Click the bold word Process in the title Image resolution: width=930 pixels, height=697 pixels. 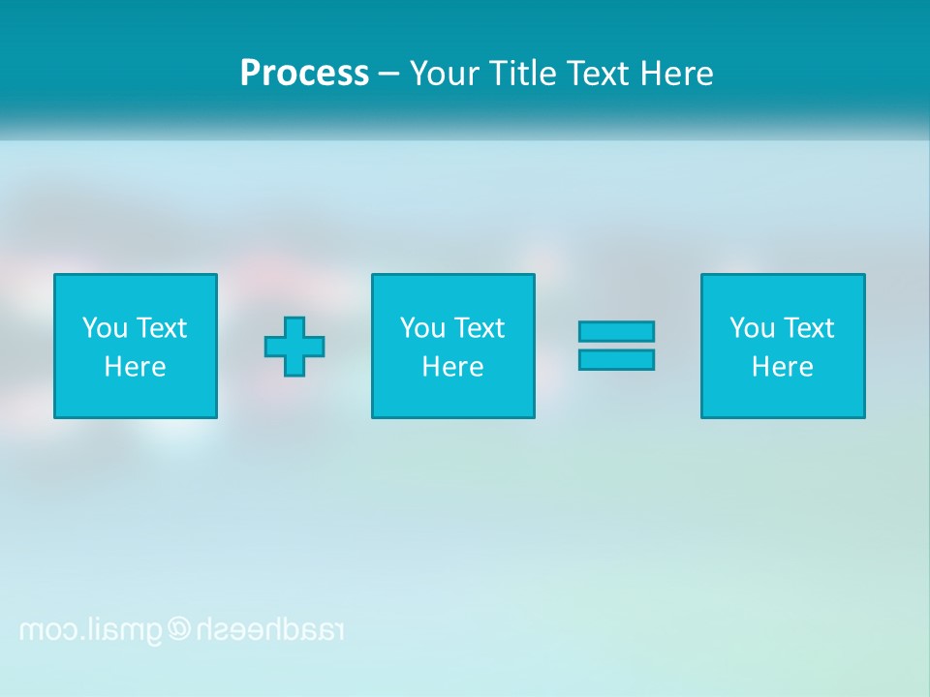304,74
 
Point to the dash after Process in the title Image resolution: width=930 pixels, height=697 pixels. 388,75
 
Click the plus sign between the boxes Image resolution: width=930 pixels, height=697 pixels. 294,347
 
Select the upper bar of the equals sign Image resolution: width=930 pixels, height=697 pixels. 616,331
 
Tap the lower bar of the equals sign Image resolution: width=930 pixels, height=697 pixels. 616,360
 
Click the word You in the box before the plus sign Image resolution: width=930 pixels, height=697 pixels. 105,328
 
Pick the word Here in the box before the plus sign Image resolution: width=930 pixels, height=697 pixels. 135,367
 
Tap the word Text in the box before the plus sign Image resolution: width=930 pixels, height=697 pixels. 162,328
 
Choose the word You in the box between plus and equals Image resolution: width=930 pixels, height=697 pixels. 422,328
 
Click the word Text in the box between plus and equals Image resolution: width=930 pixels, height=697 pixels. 480,328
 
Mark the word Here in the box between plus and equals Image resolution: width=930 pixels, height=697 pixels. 452,367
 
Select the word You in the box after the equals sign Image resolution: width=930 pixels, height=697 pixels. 752,328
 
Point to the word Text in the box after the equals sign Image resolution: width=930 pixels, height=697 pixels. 809,328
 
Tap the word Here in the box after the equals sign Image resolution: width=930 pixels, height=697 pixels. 782,367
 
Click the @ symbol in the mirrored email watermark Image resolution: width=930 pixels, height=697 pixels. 179,630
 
